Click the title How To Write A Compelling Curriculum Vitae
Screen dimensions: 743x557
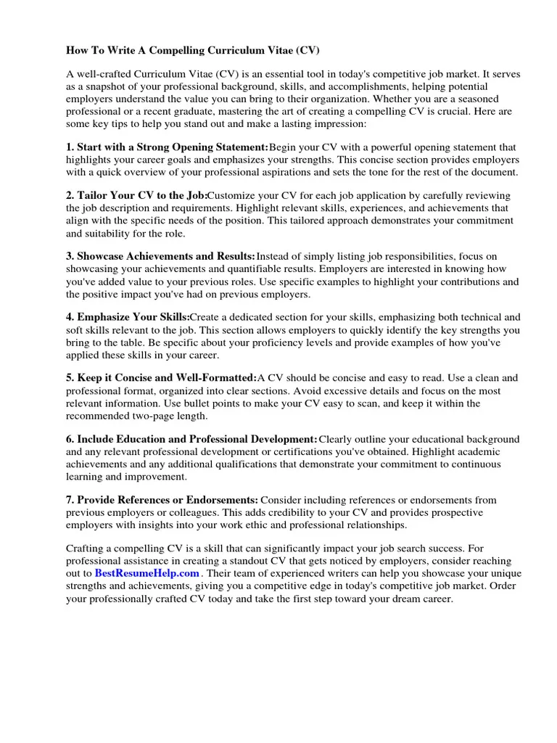[192, 51]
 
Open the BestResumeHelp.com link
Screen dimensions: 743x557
[147, 573]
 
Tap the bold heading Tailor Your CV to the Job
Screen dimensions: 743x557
[136, 196]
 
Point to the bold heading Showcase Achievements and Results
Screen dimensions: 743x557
[160, 256]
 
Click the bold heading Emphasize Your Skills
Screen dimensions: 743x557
[128, 317]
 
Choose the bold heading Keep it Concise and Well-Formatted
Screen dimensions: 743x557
[161, 378]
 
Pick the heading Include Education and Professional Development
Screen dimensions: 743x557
[191, 439]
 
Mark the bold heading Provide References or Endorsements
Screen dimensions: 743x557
[162, 500]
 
